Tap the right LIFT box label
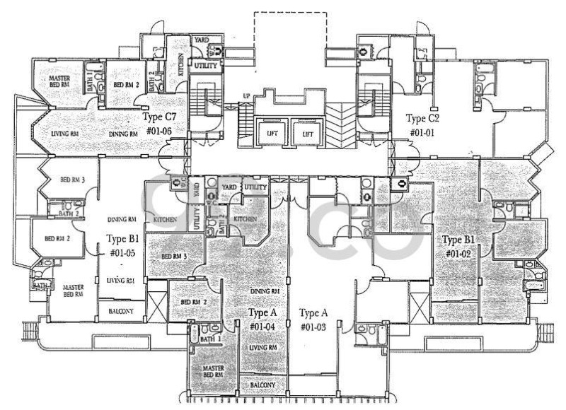[307, 132]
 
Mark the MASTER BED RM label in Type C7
[59, 82]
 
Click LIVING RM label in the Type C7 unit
[65, 133]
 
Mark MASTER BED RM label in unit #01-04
[212, 372]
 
